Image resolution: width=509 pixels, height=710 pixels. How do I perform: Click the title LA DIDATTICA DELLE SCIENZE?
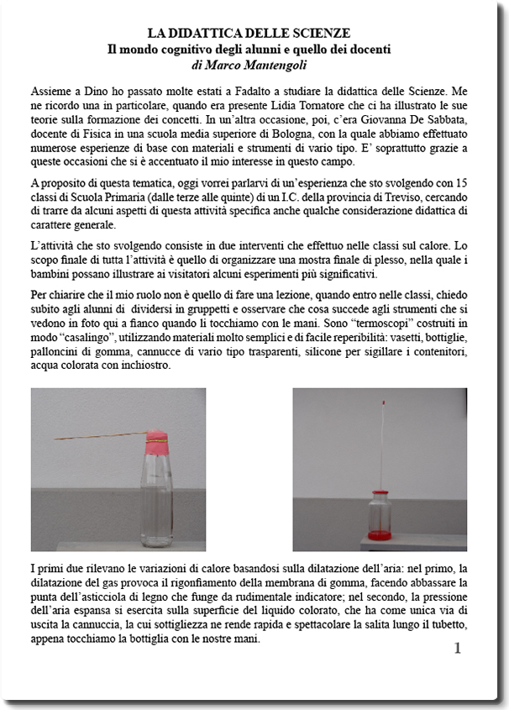[x=249, y=34]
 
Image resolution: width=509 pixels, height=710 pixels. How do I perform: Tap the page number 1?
[x=457, y=648]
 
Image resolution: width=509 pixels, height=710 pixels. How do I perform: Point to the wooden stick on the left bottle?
[x=101, y=437]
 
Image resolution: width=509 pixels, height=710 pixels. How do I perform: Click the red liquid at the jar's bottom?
[x=379, y=534]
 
